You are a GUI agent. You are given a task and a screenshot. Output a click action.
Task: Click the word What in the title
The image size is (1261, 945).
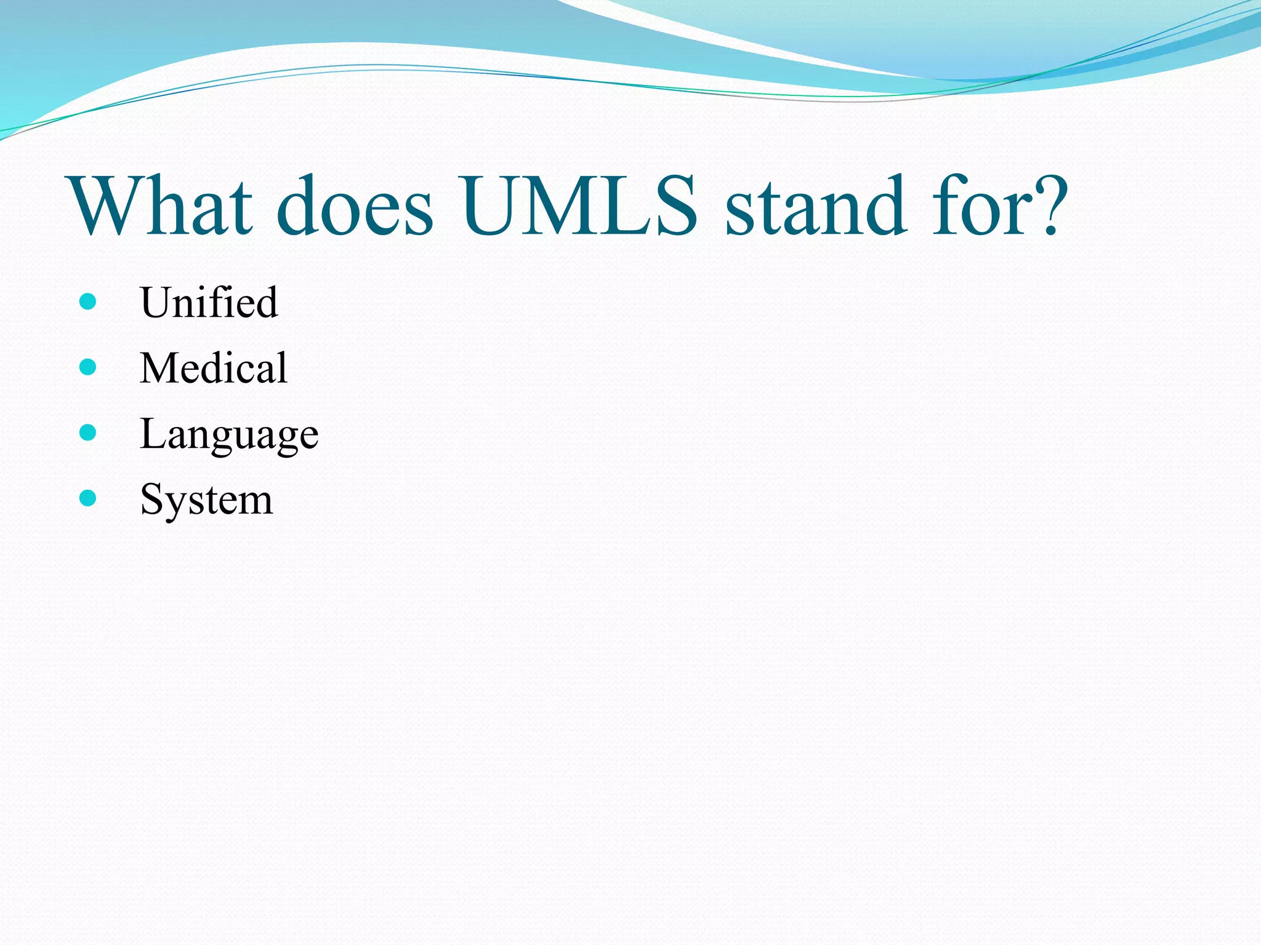tap(161, 205)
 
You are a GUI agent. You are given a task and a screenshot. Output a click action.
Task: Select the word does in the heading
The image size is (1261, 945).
tap(355, 205)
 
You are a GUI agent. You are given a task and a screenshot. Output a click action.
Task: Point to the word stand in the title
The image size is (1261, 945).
tap(816, 205)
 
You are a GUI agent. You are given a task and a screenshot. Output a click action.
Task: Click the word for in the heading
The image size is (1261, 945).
tap(979, 205)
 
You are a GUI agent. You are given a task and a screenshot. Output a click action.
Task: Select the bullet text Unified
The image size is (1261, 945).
tap(209, 303)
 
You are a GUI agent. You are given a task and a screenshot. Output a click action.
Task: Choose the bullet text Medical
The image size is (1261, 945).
tap(213, 368)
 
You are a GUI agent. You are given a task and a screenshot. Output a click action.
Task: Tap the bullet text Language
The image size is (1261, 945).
tap(229, 434)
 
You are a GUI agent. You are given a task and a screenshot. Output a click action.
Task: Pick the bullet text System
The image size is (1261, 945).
tap(206, 500)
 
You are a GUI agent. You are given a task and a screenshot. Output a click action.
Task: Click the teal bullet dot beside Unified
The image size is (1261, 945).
tap(88, 301)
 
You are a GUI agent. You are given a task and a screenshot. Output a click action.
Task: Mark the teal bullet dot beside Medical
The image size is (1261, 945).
tap(88, 367)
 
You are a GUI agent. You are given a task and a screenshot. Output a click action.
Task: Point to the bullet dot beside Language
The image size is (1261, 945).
tap(88, 433)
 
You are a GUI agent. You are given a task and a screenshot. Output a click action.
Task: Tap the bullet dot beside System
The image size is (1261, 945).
tap(88, 498)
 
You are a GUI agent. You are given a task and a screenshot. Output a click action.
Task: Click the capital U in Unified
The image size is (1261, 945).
tap(155, 303)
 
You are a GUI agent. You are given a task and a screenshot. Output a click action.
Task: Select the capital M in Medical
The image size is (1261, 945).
tap(158, 368)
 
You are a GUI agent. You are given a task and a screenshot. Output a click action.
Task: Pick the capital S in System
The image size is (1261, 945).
tap(150, 499)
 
